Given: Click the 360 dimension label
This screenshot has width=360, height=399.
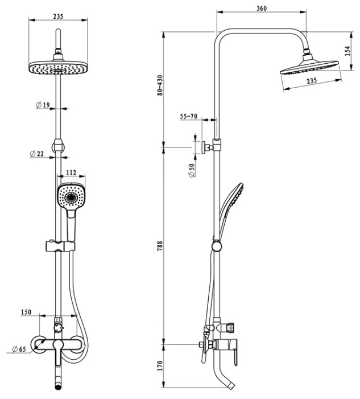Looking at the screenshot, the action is [x=262, y=8].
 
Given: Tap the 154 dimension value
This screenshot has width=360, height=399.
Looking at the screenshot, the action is [x=347, y=51].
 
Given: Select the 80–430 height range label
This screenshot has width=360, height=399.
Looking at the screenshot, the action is [x=160, y=85].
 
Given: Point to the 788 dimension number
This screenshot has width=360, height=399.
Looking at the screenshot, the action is [x=160, y=246].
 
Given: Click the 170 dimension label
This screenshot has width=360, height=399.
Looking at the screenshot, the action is [x=160, y=365].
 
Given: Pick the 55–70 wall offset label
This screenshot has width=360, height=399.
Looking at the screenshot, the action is [x=189, y=116].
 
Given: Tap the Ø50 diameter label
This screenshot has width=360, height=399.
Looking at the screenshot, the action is [x=192, y=170].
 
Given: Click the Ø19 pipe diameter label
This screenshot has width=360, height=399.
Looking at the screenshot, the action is [x=43, y=105].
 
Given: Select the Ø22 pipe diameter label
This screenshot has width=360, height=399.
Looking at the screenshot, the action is [x=37, y=154].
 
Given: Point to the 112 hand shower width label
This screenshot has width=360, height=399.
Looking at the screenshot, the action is [x=71, y=172].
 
